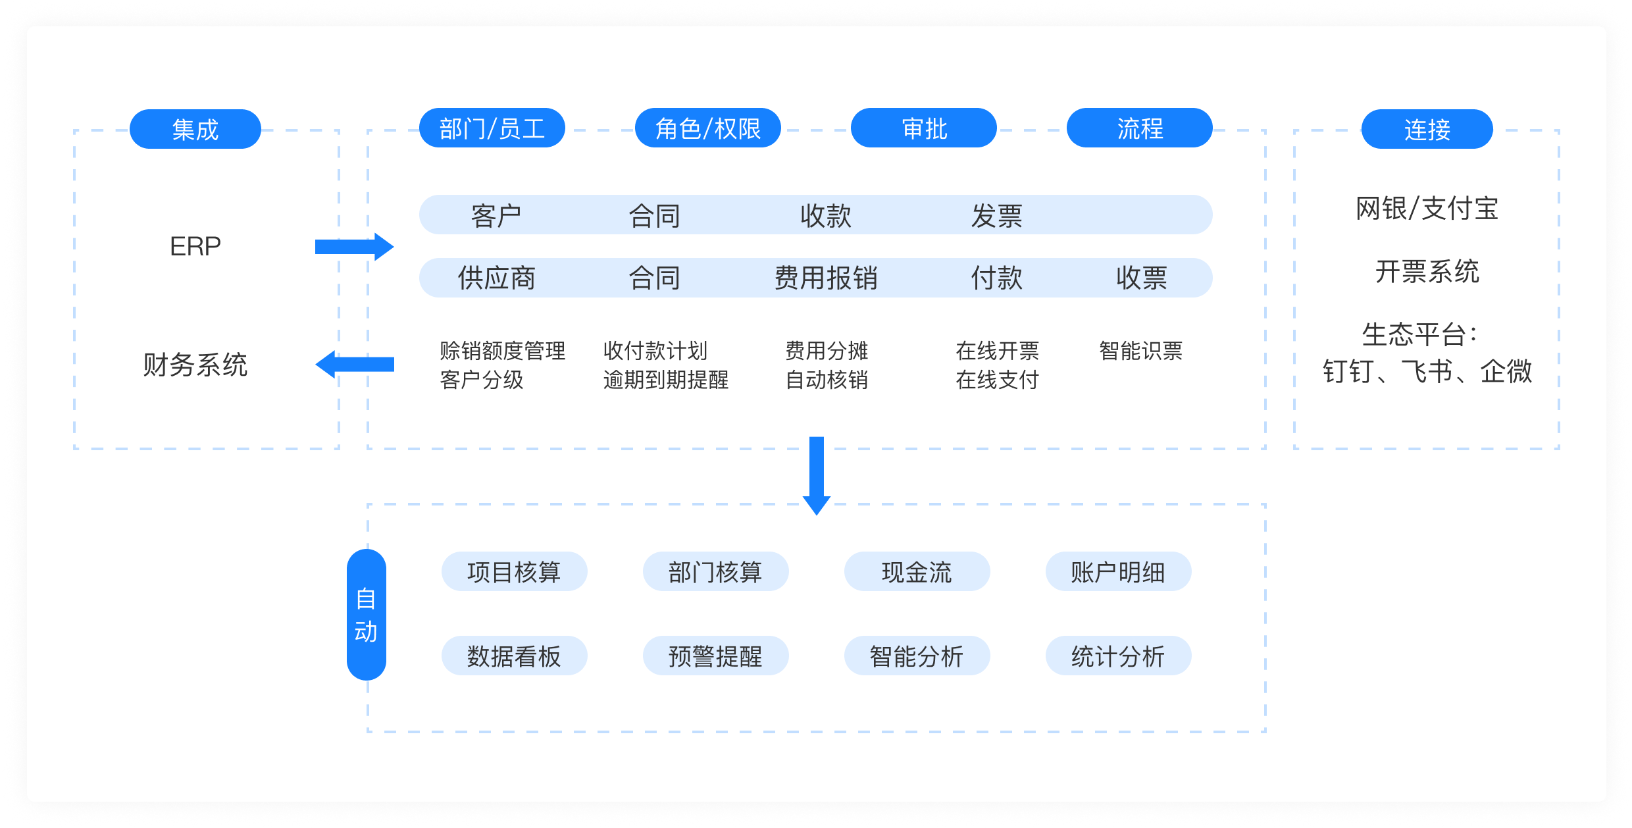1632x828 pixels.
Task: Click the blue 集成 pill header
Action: click(195, 129)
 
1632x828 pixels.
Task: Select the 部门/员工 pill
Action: click(492, 128)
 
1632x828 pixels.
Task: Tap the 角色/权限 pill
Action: click(708, 128)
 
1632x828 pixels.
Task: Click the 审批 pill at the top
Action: click(924, 128)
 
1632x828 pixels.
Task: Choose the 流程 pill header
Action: click(1140, 128)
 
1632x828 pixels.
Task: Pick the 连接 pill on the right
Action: click(1427, 129)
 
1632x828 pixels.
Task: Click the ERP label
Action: click(195, 246)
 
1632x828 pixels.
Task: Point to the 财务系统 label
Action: click(195, 365)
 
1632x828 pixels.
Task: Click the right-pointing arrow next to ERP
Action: click(355, 247)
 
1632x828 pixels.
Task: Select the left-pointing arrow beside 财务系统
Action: click(355, 365)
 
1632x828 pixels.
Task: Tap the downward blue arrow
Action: click(817, 476)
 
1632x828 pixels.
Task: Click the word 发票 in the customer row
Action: click(997, 215)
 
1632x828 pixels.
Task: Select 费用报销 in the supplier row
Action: click(826, 278)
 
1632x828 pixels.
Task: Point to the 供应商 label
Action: click(497, 278)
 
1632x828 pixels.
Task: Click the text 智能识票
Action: click(1141, 351)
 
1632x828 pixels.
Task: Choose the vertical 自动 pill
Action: click(367, 615)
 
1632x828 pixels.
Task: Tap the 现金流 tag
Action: click(917, 571)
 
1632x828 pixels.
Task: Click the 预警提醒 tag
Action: click(716, 656)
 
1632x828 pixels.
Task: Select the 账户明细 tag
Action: click(1119, 571)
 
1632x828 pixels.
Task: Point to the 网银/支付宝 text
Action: click(1427, 209)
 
